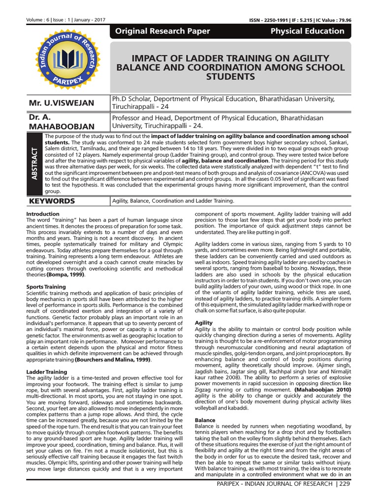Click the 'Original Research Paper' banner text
click(x=162, y=31)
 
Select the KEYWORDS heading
click(x=52, y=201)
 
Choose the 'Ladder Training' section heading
click(x=46, y=372)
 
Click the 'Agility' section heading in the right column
click(x=204, y=322)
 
